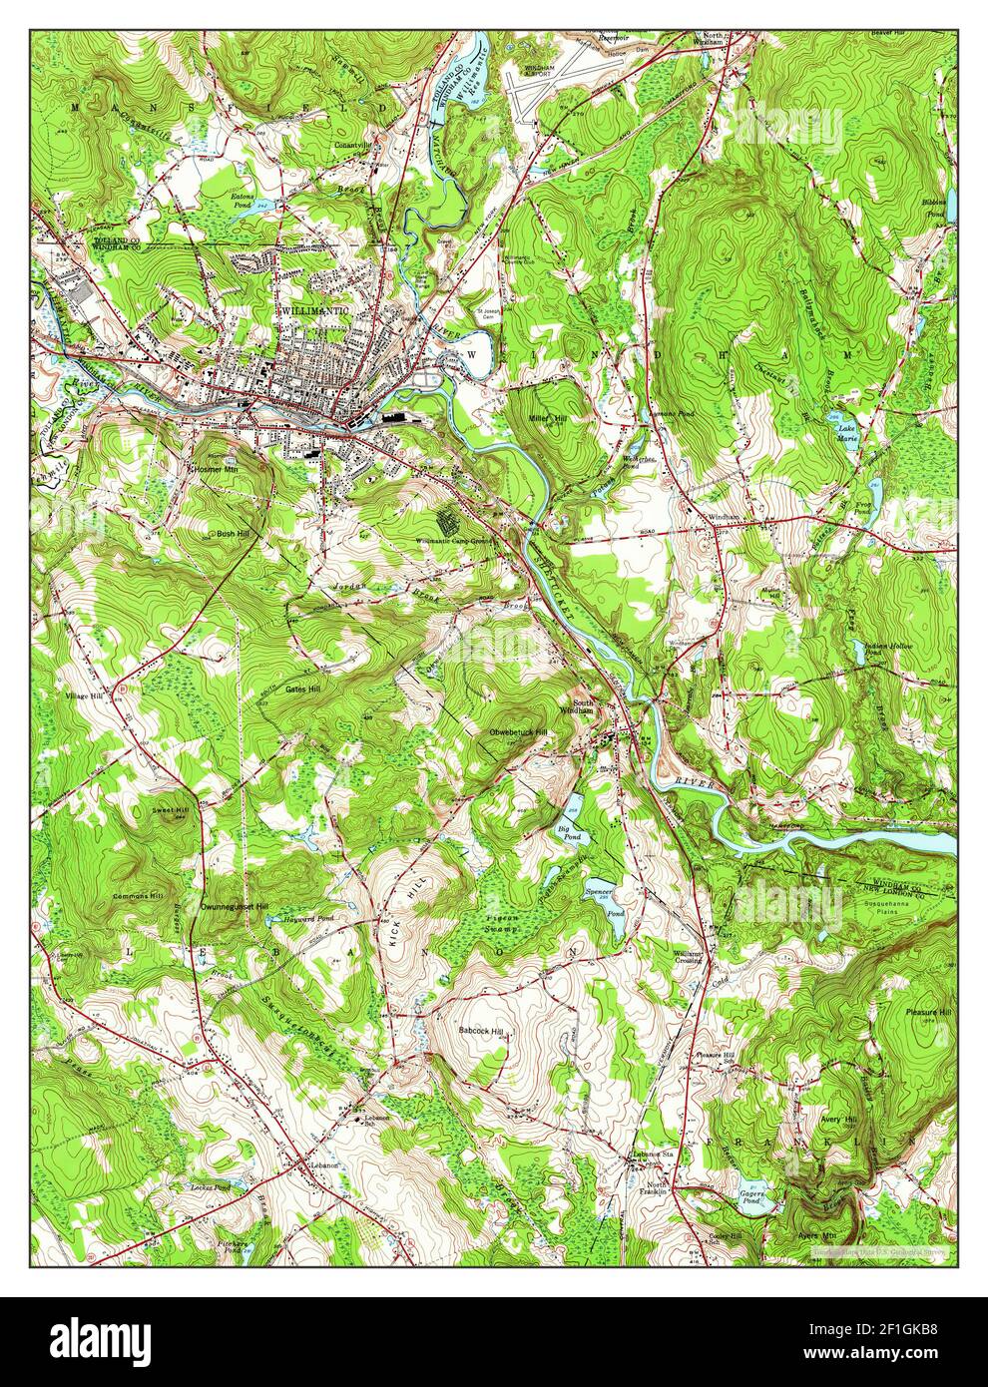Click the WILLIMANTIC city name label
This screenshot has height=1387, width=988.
point(315,312)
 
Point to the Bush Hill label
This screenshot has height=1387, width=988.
point(234,534)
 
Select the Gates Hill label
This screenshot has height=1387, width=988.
point(302,689)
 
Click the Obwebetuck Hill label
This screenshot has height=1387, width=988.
point(518,732)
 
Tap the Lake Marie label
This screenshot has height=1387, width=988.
point(847,432)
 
